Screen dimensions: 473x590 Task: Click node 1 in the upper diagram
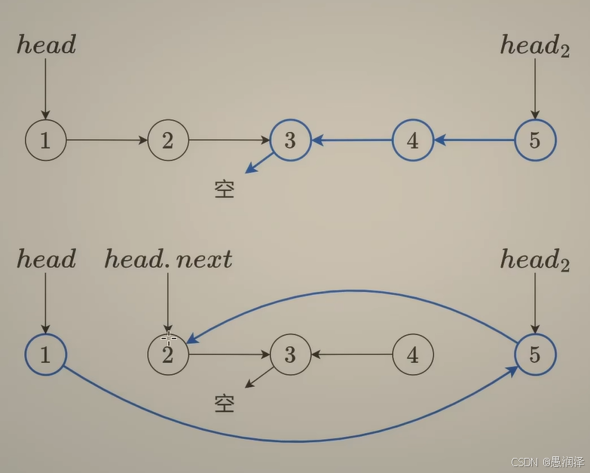click(x=45, y=140)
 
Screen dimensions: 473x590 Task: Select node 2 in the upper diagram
click(x=168, y=140)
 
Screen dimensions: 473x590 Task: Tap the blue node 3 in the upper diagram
click(x=290, y=140)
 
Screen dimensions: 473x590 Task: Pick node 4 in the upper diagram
click(x=412, y=140)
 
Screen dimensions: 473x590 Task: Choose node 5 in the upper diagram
click(x=535, y=140)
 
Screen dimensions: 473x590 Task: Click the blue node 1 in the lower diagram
click(x=45, y=355)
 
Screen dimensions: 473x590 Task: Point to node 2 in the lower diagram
click(x=168, y=355)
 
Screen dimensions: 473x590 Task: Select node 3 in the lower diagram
click(x=290, y=355)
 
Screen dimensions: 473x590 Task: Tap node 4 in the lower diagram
click(x=412, y=355)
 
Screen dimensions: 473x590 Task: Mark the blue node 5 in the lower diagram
click(x=535, y=355)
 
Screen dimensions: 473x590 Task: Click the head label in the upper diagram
click(x=46, y=45)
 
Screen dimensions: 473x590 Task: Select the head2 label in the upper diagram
click(x=534, y=47)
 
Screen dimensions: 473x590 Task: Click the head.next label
click(x=168, y=260)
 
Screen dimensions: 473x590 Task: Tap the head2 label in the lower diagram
click(x=534, y=261)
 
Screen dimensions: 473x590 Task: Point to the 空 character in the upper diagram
click(x=225, y=189)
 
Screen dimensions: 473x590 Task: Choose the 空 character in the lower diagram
click(x=225, y=404)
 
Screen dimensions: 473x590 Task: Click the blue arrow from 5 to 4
click(x=474, y=140)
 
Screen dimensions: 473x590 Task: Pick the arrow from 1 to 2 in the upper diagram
click(x=106, y=140)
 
